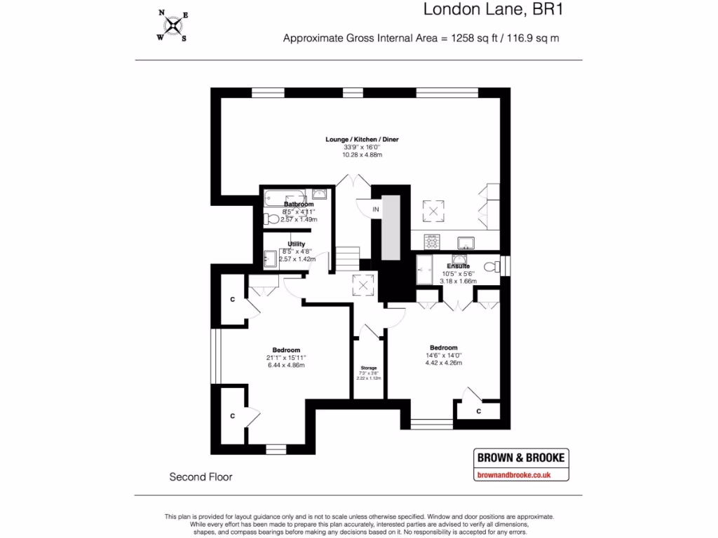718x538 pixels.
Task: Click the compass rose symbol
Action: [x=171, y=26]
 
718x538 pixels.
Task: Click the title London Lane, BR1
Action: [x=494, y=10]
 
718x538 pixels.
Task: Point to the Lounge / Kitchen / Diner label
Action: [x=362, y=139]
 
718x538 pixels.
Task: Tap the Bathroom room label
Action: [x=299, y=204]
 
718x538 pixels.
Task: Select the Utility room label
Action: [x=296, y=244]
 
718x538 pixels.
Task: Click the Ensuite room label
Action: [x=459, y=266]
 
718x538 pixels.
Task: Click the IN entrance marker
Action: [x=376, y=209]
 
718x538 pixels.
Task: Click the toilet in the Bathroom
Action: [x=270, y=219]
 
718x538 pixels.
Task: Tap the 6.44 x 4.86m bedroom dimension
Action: [x=286, y=365]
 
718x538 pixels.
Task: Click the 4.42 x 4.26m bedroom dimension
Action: [x=443, y=363]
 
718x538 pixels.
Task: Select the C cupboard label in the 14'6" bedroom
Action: [x=479, y=411]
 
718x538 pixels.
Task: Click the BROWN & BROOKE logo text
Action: [x=520, y=457]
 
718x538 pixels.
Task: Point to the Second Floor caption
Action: [x=201, y=477]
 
